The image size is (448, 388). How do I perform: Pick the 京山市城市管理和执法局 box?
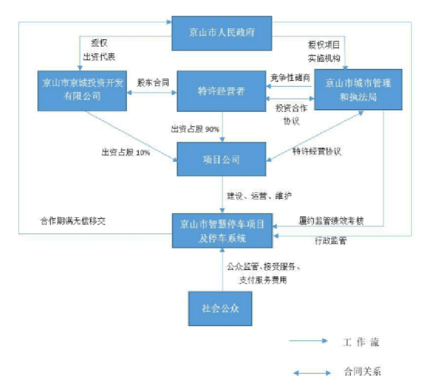point(358,90)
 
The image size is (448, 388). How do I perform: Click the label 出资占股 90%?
point(195,129)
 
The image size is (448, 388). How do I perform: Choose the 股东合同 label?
point(153,83)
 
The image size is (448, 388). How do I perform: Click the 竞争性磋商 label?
point(291,78)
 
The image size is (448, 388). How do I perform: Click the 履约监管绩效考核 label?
point(331,221)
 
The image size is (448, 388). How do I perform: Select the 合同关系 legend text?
point(362,372)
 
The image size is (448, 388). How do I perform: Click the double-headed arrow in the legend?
point(312,373)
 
